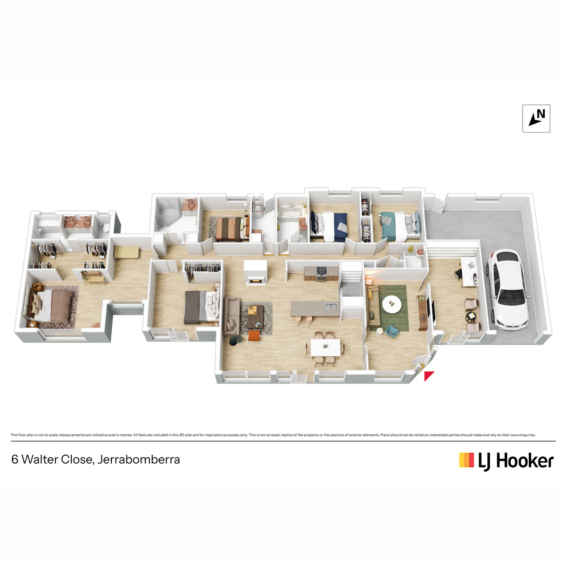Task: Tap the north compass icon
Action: click(x=536, y=118)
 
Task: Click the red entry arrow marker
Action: click(x=429, y=376)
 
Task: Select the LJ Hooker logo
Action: click(x=507, y=460)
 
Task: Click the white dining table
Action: click(x=325, y=348)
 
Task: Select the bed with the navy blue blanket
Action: click(x=329, y=227)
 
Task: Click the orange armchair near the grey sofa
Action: click(x=254, y=336)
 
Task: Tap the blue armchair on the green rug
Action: click(x=392, y=331)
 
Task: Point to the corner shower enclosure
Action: click(x=167, y=213)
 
